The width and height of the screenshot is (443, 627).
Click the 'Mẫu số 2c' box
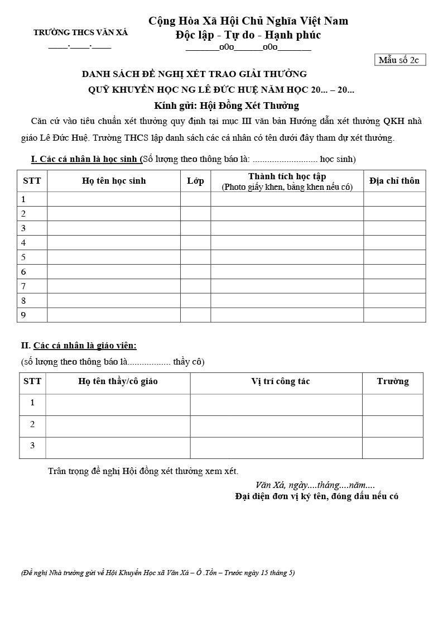pyautogui.click(x=399, y=60)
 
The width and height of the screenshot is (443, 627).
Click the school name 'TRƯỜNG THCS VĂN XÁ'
pyautogui.click(x=80, y=32)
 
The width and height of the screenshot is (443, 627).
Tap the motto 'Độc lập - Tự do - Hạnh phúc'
pyautogui.click(x=248, y=35)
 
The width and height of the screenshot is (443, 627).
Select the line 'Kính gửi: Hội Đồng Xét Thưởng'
pyautogui.click(x=227, y=106)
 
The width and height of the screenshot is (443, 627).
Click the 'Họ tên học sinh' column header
pyautogui.click(x=114, y=181)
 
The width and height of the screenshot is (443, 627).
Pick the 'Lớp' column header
pyautogui.click(x=195, y=181)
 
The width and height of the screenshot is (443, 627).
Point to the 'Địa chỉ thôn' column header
pyautogui.click(x=394, y=181)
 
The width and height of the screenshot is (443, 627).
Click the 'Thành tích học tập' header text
pyautogui.click(x=287, y=176)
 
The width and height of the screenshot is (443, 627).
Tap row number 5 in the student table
pyautogui.click(x=23, y=257)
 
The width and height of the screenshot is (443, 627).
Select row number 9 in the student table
pyautogui.click(x=23, y=315)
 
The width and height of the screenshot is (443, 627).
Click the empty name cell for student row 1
pyautogui.click(x=114, y=199)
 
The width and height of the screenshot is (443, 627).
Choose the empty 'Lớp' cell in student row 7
pyautogui.click(x=195, y=286)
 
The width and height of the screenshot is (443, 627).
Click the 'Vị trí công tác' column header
pyautogui.click(x=280, y=382)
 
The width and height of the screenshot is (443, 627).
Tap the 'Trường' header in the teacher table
pyautogui.click(x=392, y=382)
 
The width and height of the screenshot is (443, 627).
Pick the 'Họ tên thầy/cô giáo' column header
pyautogui.click(x=118, y=382)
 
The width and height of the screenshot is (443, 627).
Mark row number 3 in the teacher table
pyautogui.click(x=32, y=446)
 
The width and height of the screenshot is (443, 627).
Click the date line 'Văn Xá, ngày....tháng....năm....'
pyautogui.click(x=315, y=485)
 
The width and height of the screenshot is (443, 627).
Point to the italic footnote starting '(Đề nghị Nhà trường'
pyautogui.click(x=158, y=573)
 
